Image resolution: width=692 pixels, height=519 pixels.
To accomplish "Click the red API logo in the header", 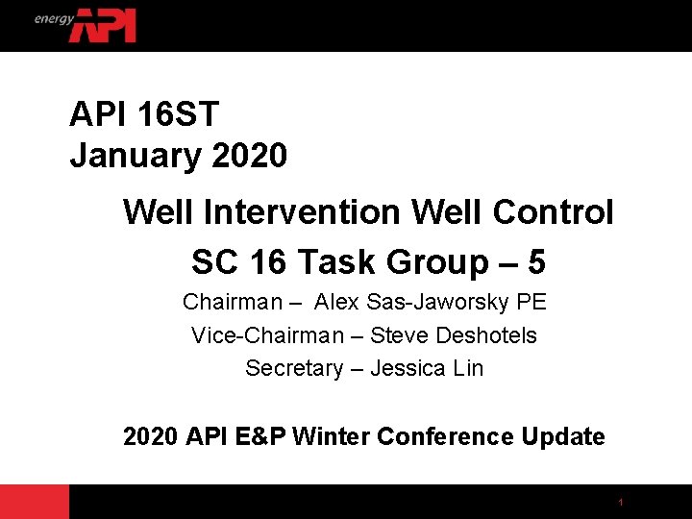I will (x=103, y=25).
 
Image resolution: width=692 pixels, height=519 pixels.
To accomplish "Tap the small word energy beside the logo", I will (x=54, y=18).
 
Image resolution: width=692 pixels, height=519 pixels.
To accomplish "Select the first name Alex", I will (x=336, y=303).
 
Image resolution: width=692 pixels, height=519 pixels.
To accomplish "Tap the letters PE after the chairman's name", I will (x=531, y=303).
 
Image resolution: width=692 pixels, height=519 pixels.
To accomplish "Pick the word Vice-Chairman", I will (x=267, y=335).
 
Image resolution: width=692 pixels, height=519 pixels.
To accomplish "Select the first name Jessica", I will (x=404, y=368).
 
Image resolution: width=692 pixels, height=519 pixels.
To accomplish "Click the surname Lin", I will (x=469, y=368).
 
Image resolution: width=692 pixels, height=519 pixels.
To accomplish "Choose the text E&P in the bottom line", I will (x=258, y=437).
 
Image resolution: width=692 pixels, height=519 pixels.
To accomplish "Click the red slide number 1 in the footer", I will (x=621, y=503).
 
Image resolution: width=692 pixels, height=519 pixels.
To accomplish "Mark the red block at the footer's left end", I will (x=35, y=502).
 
